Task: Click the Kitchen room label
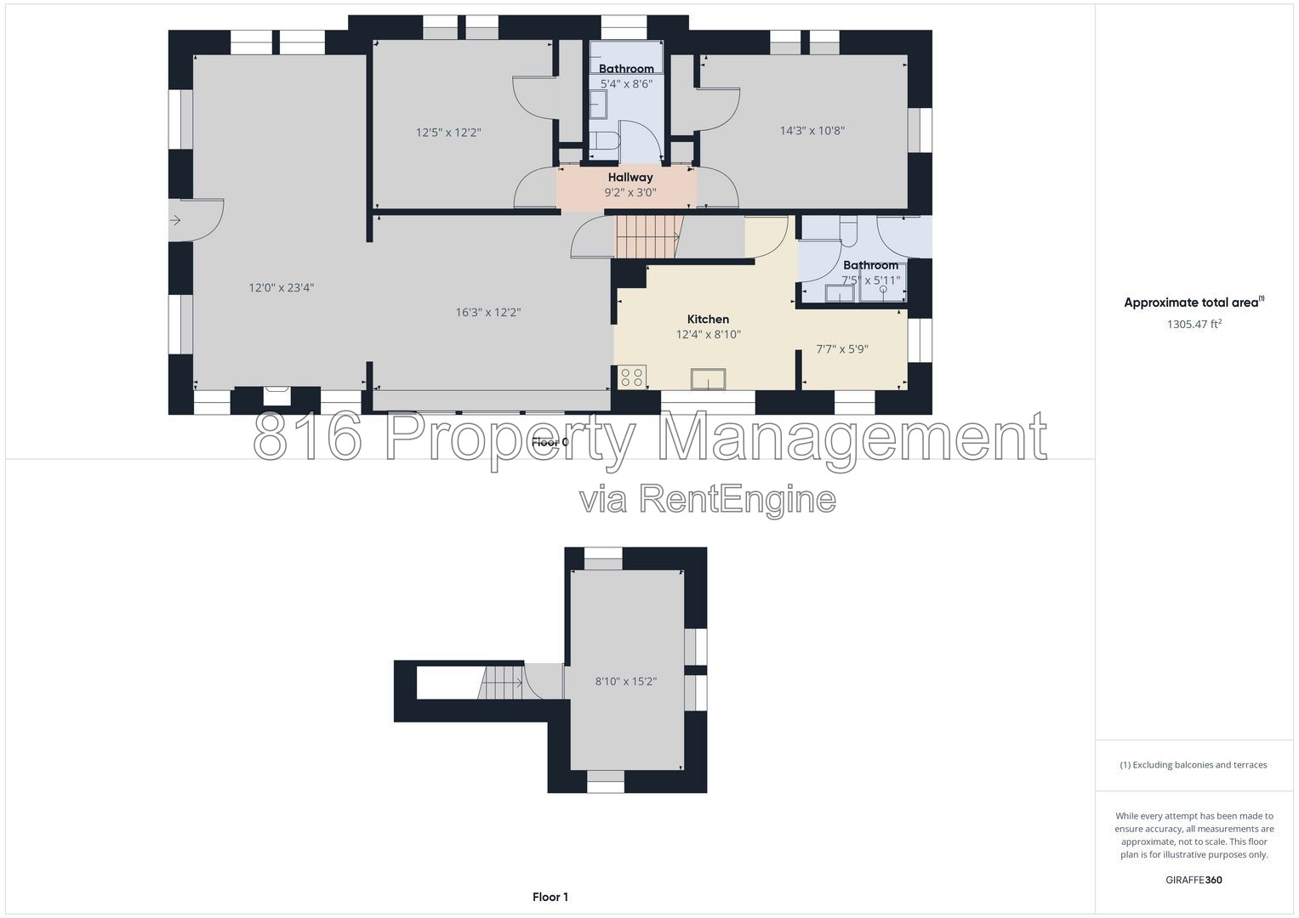[708, 320]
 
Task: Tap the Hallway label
[630, 178]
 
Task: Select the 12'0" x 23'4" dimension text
[282, 287]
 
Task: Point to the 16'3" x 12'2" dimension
[487, 313]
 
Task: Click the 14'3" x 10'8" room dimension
[812, 130]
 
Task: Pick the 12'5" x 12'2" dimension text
[448, 132]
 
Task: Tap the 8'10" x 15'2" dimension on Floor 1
[626, 682]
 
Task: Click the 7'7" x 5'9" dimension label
[842, 348]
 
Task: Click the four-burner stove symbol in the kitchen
[631, 377]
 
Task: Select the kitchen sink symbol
[708, 379]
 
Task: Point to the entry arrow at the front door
[175, 220]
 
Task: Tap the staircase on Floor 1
[501, 683]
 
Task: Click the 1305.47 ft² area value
[1194, 324]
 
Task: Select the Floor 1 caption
[550, 897]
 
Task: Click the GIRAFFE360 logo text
[1194, 880]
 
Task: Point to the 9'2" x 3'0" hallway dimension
[630, 192]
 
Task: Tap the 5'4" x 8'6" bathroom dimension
[626, 84]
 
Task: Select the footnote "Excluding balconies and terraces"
[1193, 765]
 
